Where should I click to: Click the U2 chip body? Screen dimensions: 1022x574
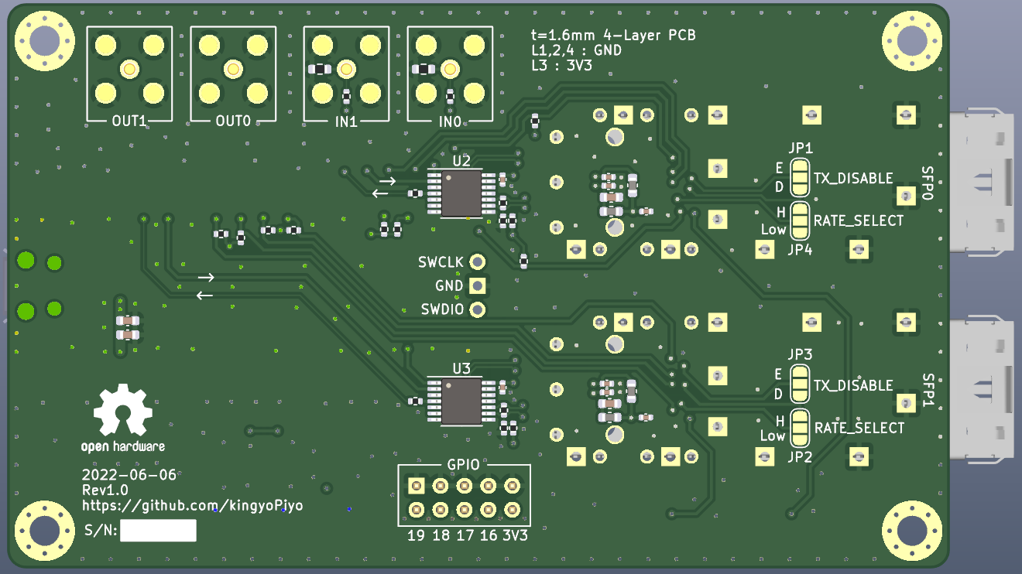[x=461, y=193]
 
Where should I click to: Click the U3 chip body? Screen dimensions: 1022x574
[x=461, y=401]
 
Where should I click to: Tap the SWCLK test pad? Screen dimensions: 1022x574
[x=477, y=261]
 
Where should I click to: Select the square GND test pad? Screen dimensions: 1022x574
[x=477, y=286]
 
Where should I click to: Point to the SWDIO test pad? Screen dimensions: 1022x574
[x=477, y=310]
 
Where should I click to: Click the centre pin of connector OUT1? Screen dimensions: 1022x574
[x=129, y=70]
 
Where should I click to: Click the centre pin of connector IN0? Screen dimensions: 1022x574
[x=450, y=70]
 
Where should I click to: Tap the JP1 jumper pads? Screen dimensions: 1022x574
[x=800, y=177]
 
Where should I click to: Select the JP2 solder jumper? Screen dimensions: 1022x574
[x=800, y=428]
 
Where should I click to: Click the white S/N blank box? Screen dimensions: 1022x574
[x=158, y=531]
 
